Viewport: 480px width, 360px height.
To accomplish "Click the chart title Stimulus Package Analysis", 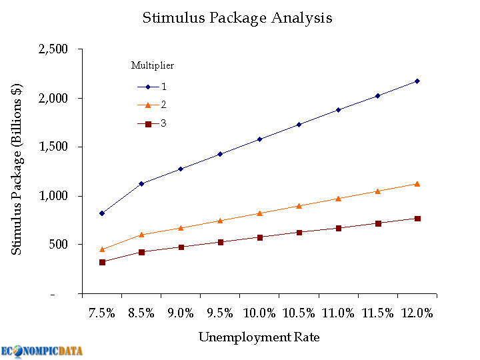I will tap(237, 18).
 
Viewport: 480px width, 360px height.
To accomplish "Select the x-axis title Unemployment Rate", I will tap(259, 337).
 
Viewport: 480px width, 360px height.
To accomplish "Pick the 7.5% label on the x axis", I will tap(102, 313).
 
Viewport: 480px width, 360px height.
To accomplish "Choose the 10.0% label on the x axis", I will tap(259, 313).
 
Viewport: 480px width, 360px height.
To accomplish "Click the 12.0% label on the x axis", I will tap(417, 313).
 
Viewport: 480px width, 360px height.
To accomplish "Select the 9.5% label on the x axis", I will tap(220, 313).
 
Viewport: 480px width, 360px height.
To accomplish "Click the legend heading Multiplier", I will tap(153, 65).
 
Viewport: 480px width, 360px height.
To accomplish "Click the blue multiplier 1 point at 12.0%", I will tap(417, 81).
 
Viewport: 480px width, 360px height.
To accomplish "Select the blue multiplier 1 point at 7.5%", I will tap(102, 213).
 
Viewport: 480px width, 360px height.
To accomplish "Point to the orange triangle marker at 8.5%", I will tap(141, 234).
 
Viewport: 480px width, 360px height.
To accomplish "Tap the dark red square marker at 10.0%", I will tap(259, 237).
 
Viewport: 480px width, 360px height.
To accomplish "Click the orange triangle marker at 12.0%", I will tap(417, 183).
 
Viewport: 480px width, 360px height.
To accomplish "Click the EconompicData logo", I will tap(42, 351).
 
